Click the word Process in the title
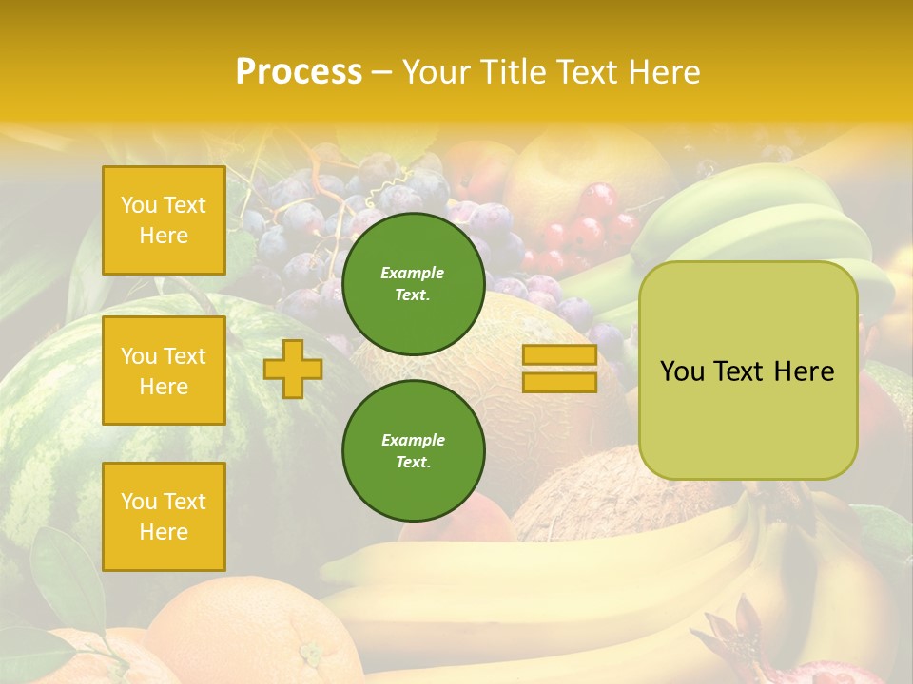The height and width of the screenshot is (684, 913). tap(299, 72)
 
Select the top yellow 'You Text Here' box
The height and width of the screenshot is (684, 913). tap(164, 220)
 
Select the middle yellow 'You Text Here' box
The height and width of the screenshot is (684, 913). tap(164, 370)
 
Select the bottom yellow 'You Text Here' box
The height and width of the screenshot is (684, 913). tap(164, 517)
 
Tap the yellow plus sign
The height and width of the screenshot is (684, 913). tap(292, 369)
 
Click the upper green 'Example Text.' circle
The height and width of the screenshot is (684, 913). tap(414, 283)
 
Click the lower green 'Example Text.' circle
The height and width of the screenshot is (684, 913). tap(414, 450)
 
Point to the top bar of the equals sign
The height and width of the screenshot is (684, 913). tap(559, 354)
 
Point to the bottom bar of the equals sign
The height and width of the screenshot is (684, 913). tap(559, 382)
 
